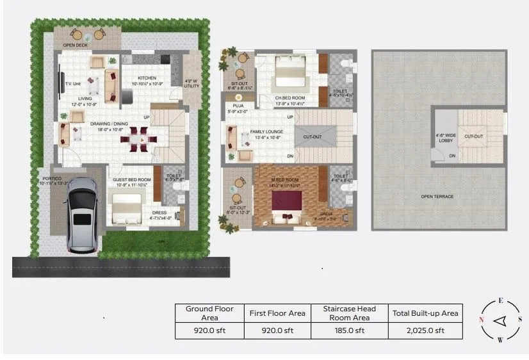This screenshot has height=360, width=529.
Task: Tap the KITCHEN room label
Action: pyautogui.click(x=147, y=78)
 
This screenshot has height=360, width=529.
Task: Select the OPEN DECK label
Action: pyautogui.click(x=75, y=45)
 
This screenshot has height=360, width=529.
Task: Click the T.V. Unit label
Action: pyautogui.click(x=72, y=83)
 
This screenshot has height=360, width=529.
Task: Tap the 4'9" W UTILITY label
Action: pyautogui.click(x=191, y=84)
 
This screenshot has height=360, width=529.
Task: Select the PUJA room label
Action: pyautogui.click(x=238, y=106)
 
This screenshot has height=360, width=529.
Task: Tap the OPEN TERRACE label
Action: pyautogui.click(x=437, y=196)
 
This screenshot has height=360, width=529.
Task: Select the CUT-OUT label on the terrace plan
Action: pyautogui.click(x=473, y=136)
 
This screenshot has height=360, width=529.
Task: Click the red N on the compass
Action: pyautogui.click(x=480, y=319)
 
